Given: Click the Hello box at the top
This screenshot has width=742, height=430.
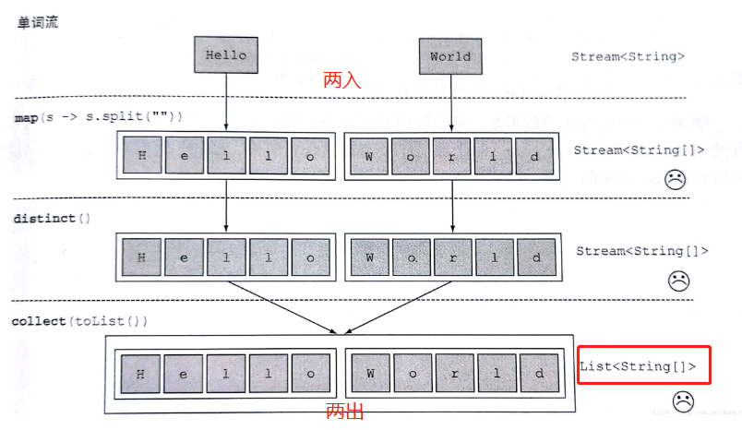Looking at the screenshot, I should point(225,55).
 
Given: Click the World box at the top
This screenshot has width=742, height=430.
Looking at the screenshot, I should point(450,56).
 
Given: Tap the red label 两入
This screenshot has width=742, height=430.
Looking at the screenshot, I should point(341,81).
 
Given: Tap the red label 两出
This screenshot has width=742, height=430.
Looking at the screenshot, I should point(345,412).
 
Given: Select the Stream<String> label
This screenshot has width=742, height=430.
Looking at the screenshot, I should point(628,57).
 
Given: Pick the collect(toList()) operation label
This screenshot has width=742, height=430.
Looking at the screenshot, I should point(79,321).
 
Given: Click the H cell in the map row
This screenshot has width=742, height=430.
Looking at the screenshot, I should point(142,155).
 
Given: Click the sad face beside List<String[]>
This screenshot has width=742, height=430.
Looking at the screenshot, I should point(683,401).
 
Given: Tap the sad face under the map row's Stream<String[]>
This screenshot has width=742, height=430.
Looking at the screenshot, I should point(676,181).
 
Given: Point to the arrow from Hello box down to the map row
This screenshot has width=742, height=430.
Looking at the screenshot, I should point(225,102).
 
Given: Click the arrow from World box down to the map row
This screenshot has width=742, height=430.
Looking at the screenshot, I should point(451,102).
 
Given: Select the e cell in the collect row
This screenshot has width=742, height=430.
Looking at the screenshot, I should point(184,374).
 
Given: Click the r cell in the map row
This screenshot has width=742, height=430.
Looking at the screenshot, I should point(452,155).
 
